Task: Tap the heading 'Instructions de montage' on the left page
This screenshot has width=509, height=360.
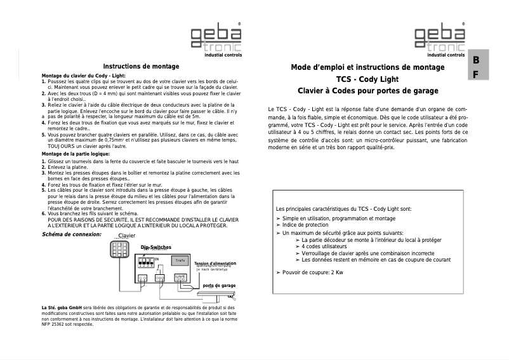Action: [141, 66]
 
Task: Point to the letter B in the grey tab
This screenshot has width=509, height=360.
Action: [474, 61]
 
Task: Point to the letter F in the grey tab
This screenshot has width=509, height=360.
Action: [474, 74]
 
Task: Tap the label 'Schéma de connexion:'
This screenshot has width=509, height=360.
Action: [71, 234]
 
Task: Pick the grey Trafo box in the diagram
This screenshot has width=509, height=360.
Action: [180, 260]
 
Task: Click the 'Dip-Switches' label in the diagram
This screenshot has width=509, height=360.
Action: [155, 247]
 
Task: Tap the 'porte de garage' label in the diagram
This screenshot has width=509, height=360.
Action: [219, 286]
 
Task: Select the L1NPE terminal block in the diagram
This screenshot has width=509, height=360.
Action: [180, 277]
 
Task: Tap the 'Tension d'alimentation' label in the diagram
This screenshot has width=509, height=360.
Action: [215, 263]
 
